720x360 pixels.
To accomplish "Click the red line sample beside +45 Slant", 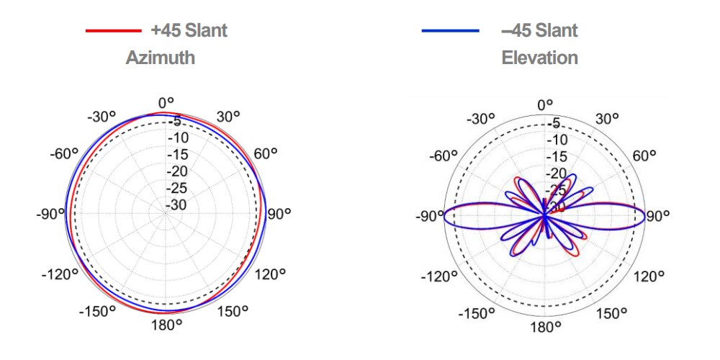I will coord(113,31).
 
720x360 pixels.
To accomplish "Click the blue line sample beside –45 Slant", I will coord(451,31).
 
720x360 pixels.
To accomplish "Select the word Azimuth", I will coord(160,58).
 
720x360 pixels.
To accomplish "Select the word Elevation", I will coord(539,58).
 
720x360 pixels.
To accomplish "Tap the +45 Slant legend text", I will coord(189,31).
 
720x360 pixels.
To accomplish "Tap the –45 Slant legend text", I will coord(539,31).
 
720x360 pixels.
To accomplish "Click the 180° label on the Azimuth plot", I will coord(166,323).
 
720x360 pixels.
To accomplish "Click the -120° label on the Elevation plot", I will coord(439,276).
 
